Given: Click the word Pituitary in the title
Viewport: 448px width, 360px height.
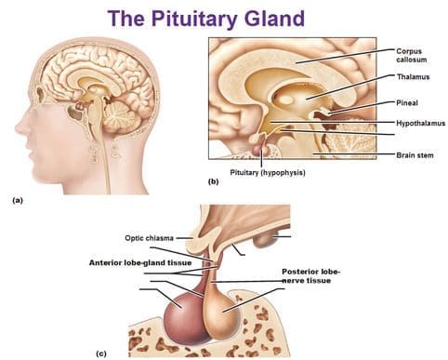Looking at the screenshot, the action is click(193, 19).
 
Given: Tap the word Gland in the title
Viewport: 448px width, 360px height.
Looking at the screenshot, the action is click(274, 18).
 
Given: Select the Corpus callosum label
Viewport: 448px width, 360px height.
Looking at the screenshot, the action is click(412, 55).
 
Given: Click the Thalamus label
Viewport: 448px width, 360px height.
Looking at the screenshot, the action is click(413, 76).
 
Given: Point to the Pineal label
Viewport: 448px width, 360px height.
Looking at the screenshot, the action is click(407, 102).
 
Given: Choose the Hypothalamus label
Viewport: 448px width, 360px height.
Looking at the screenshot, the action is click(420, 124).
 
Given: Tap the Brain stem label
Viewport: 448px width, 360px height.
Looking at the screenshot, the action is click(415, 154).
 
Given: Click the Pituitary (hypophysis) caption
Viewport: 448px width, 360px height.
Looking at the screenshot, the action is click(268, 173).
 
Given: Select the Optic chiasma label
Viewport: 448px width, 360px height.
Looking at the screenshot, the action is click(149, 238).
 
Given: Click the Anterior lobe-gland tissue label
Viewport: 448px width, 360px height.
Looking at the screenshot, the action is click(140, 262).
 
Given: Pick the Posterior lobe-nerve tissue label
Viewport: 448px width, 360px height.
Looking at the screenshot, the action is click(310, 276).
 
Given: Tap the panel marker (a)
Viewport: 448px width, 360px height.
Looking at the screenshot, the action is click(18, 200).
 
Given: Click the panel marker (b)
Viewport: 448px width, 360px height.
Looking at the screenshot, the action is click(214, 181).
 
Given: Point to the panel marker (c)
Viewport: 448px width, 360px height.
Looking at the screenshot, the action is click(101, 353).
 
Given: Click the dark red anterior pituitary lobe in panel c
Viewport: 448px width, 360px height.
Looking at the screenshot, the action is click(183, 318).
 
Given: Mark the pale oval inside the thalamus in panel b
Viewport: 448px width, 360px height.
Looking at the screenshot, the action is click(287, 100).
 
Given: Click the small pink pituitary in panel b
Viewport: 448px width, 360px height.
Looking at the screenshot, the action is click(259, 150).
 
